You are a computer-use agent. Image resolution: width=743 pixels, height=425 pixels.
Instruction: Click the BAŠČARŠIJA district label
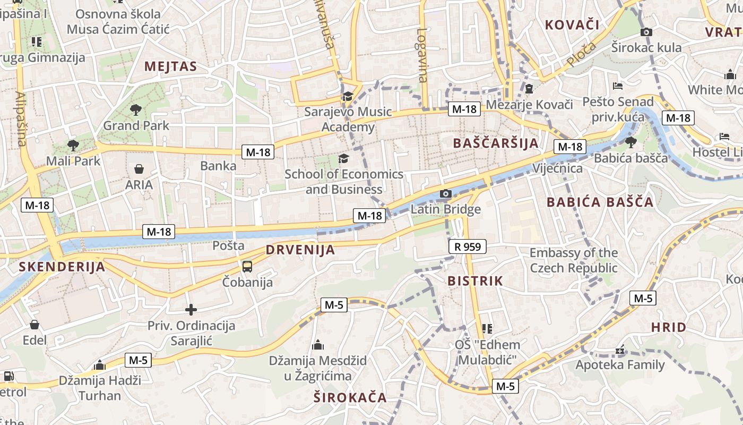click(496, 143)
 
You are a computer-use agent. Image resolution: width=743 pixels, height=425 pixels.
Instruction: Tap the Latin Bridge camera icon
click(446, 194)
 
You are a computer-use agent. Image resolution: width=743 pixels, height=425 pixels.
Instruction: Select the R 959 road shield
click(467, 246)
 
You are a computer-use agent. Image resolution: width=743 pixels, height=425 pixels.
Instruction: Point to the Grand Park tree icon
click(136, 110)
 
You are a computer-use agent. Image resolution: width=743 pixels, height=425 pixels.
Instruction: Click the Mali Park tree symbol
click(73, 145)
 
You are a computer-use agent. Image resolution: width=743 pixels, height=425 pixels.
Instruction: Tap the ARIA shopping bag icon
click(139, 169)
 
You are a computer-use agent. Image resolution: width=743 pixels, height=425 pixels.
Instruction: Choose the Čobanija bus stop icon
click(247, 266)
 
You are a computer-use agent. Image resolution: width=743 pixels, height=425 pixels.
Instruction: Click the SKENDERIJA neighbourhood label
click(62, 267)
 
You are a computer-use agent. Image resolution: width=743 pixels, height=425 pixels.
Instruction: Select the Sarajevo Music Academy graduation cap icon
click(348, 96)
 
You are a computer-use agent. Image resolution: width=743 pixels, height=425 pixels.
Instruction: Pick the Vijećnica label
click(557, 168)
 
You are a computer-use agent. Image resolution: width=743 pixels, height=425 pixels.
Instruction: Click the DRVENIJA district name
click(300, 250)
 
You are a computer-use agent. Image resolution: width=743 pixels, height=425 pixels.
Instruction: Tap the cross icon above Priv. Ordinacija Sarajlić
click(191, 309)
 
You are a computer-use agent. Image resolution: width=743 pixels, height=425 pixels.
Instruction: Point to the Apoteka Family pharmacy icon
click(620, 351)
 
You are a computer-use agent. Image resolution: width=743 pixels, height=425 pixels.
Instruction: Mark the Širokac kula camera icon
click(646, 32)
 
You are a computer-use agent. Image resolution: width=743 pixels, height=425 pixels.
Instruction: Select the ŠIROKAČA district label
click(350, 397)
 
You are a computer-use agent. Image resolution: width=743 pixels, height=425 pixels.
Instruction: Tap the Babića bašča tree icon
click(630, 142)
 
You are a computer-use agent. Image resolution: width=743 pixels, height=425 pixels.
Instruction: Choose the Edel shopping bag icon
click(34, 325)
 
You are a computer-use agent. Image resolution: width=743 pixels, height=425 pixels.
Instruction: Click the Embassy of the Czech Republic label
click(574, 260)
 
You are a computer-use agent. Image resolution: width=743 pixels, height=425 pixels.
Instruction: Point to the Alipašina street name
click(21, 119)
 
